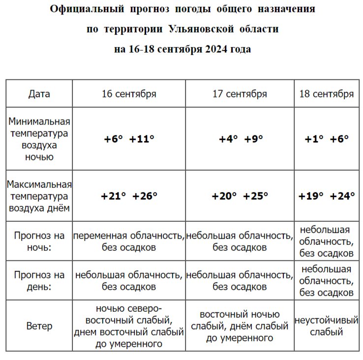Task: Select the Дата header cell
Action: click(39, 94)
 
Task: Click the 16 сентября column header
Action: click(129, 94)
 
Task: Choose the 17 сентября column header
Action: click(240, 94)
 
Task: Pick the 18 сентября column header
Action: click(326, 94)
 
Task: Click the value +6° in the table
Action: click(113, 139)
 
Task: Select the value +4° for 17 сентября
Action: click(228, 139)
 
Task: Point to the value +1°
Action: click(314, 139)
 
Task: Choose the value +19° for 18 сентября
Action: click(311, 196)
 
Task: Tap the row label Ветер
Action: click(39, 326)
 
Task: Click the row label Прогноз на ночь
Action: click(39, 241)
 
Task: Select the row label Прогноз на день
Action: click(39, 280)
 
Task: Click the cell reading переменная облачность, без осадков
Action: click(129, 241)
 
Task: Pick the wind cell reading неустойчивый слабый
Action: click(326, 326)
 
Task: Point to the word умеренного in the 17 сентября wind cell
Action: click(240, 338)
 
